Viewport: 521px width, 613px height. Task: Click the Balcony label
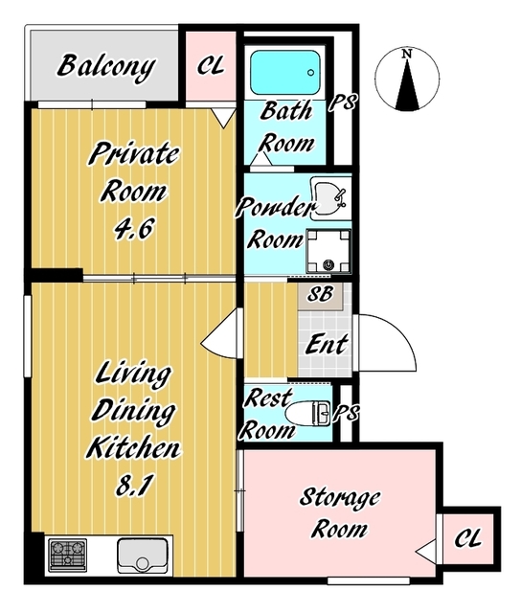(106, 67)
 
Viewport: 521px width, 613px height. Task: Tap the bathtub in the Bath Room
(285, 73)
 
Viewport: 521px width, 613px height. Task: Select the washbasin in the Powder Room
(329, 198)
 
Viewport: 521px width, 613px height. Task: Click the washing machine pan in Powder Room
(328, 251)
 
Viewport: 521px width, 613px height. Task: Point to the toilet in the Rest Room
(308, 413)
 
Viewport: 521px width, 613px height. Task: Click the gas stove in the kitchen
(68, 556)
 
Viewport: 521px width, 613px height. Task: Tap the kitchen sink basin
(143, 556)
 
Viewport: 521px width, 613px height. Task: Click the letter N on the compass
(407, 54)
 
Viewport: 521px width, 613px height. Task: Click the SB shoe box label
(320, 294)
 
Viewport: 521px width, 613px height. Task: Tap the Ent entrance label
(327, 344)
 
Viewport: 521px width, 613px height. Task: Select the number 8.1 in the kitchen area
(133, 486)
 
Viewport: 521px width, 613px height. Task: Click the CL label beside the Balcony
(211, 65)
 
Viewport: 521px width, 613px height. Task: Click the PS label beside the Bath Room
(342, 102)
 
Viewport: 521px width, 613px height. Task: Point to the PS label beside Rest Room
(346, 413)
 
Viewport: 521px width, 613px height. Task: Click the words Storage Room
(339, 513)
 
